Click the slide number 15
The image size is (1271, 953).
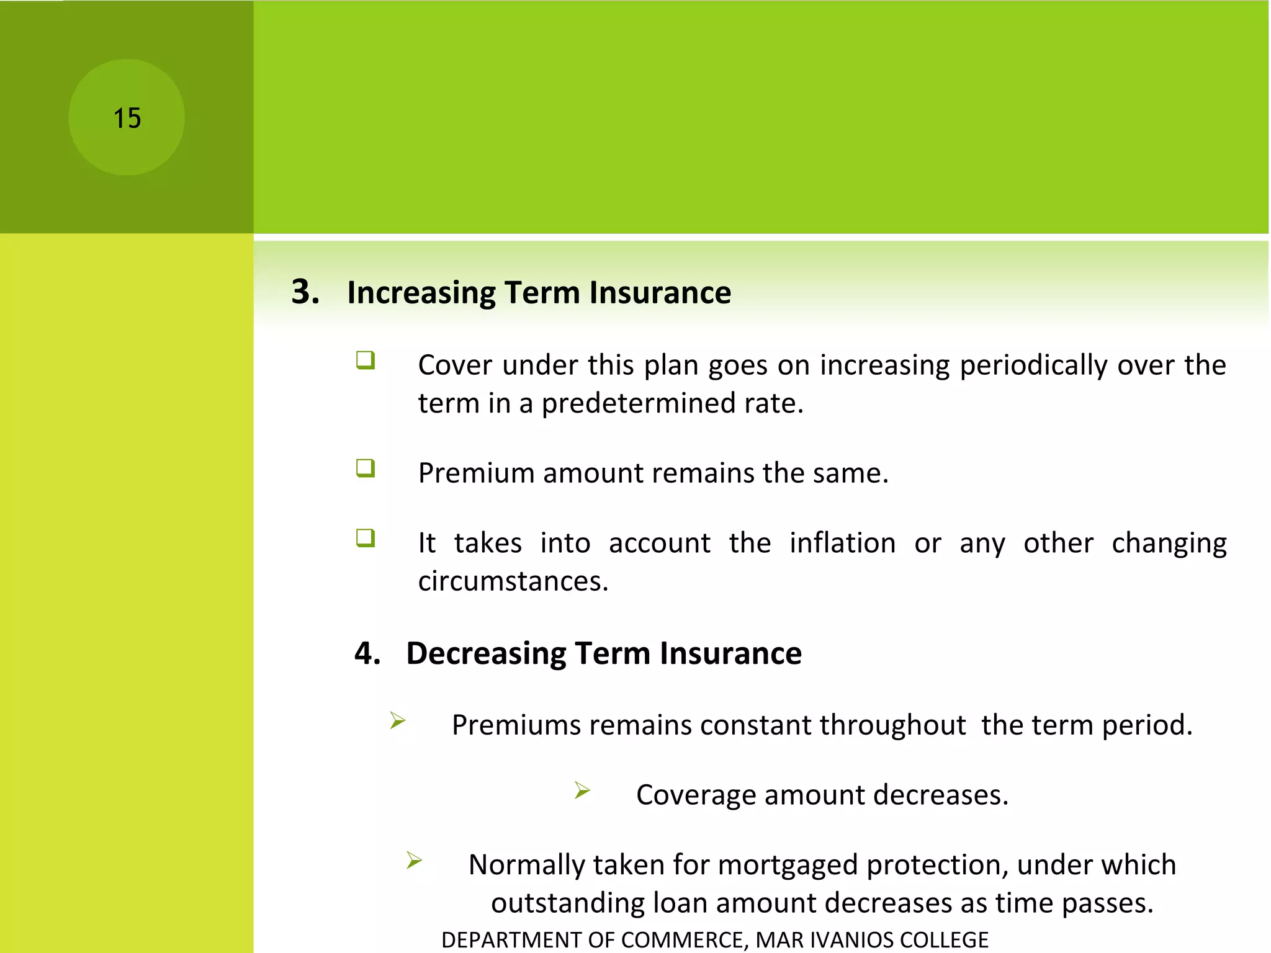[x=127, y=118]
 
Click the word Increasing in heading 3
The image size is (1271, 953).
[x=421, y=292]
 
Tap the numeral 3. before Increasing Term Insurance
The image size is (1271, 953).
[x=305, y=292]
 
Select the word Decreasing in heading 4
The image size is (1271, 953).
[x=486, y=653]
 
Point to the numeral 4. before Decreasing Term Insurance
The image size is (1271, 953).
[x=367, y=653]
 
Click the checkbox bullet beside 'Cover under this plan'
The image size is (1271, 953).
[x=366, y=360]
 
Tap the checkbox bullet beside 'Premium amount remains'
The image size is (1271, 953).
[x=366, y=468]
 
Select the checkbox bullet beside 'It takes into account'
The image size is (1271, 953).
[x=366, y=537]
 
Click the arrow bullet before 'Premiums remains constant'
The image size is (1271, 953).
[x=398, y=720]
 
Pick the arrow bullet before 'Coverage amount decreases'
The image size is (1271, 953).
[x=582, y=790]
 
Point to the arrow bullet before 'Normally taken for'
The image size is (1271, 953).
[x=415, y=860]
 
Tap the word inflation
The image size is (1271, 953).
[x=842, y=543]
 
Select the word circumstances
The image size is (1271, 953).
[x=513, y=581]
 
